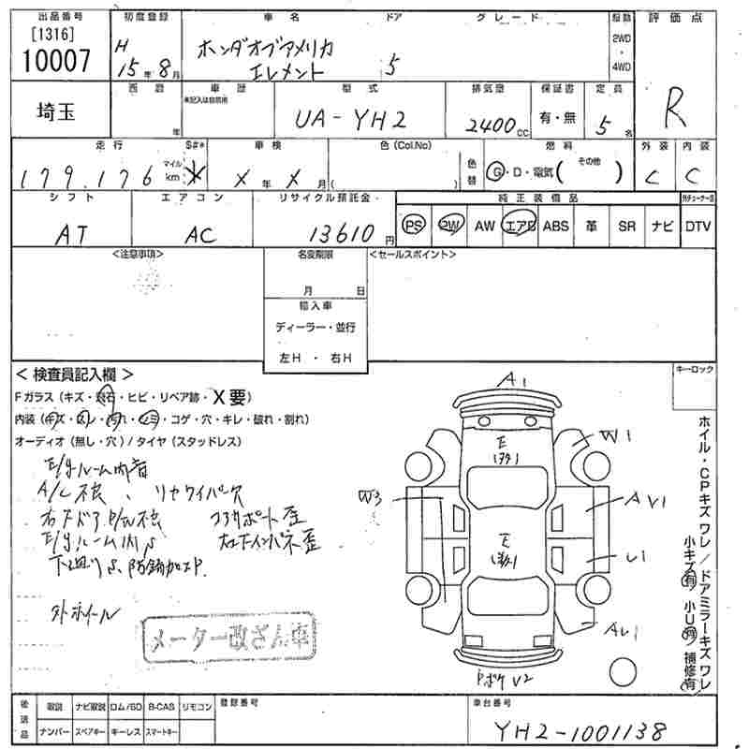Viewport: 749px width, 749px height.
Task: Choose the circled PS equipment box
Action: pos(413,226)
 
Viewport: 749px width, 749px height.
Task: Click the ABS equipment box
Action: pos(556,226)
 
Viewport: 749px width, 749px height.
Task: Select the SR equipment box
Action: pos(626,226)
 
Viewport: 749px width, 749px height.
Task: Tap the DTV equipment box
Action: pos(698,226)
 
